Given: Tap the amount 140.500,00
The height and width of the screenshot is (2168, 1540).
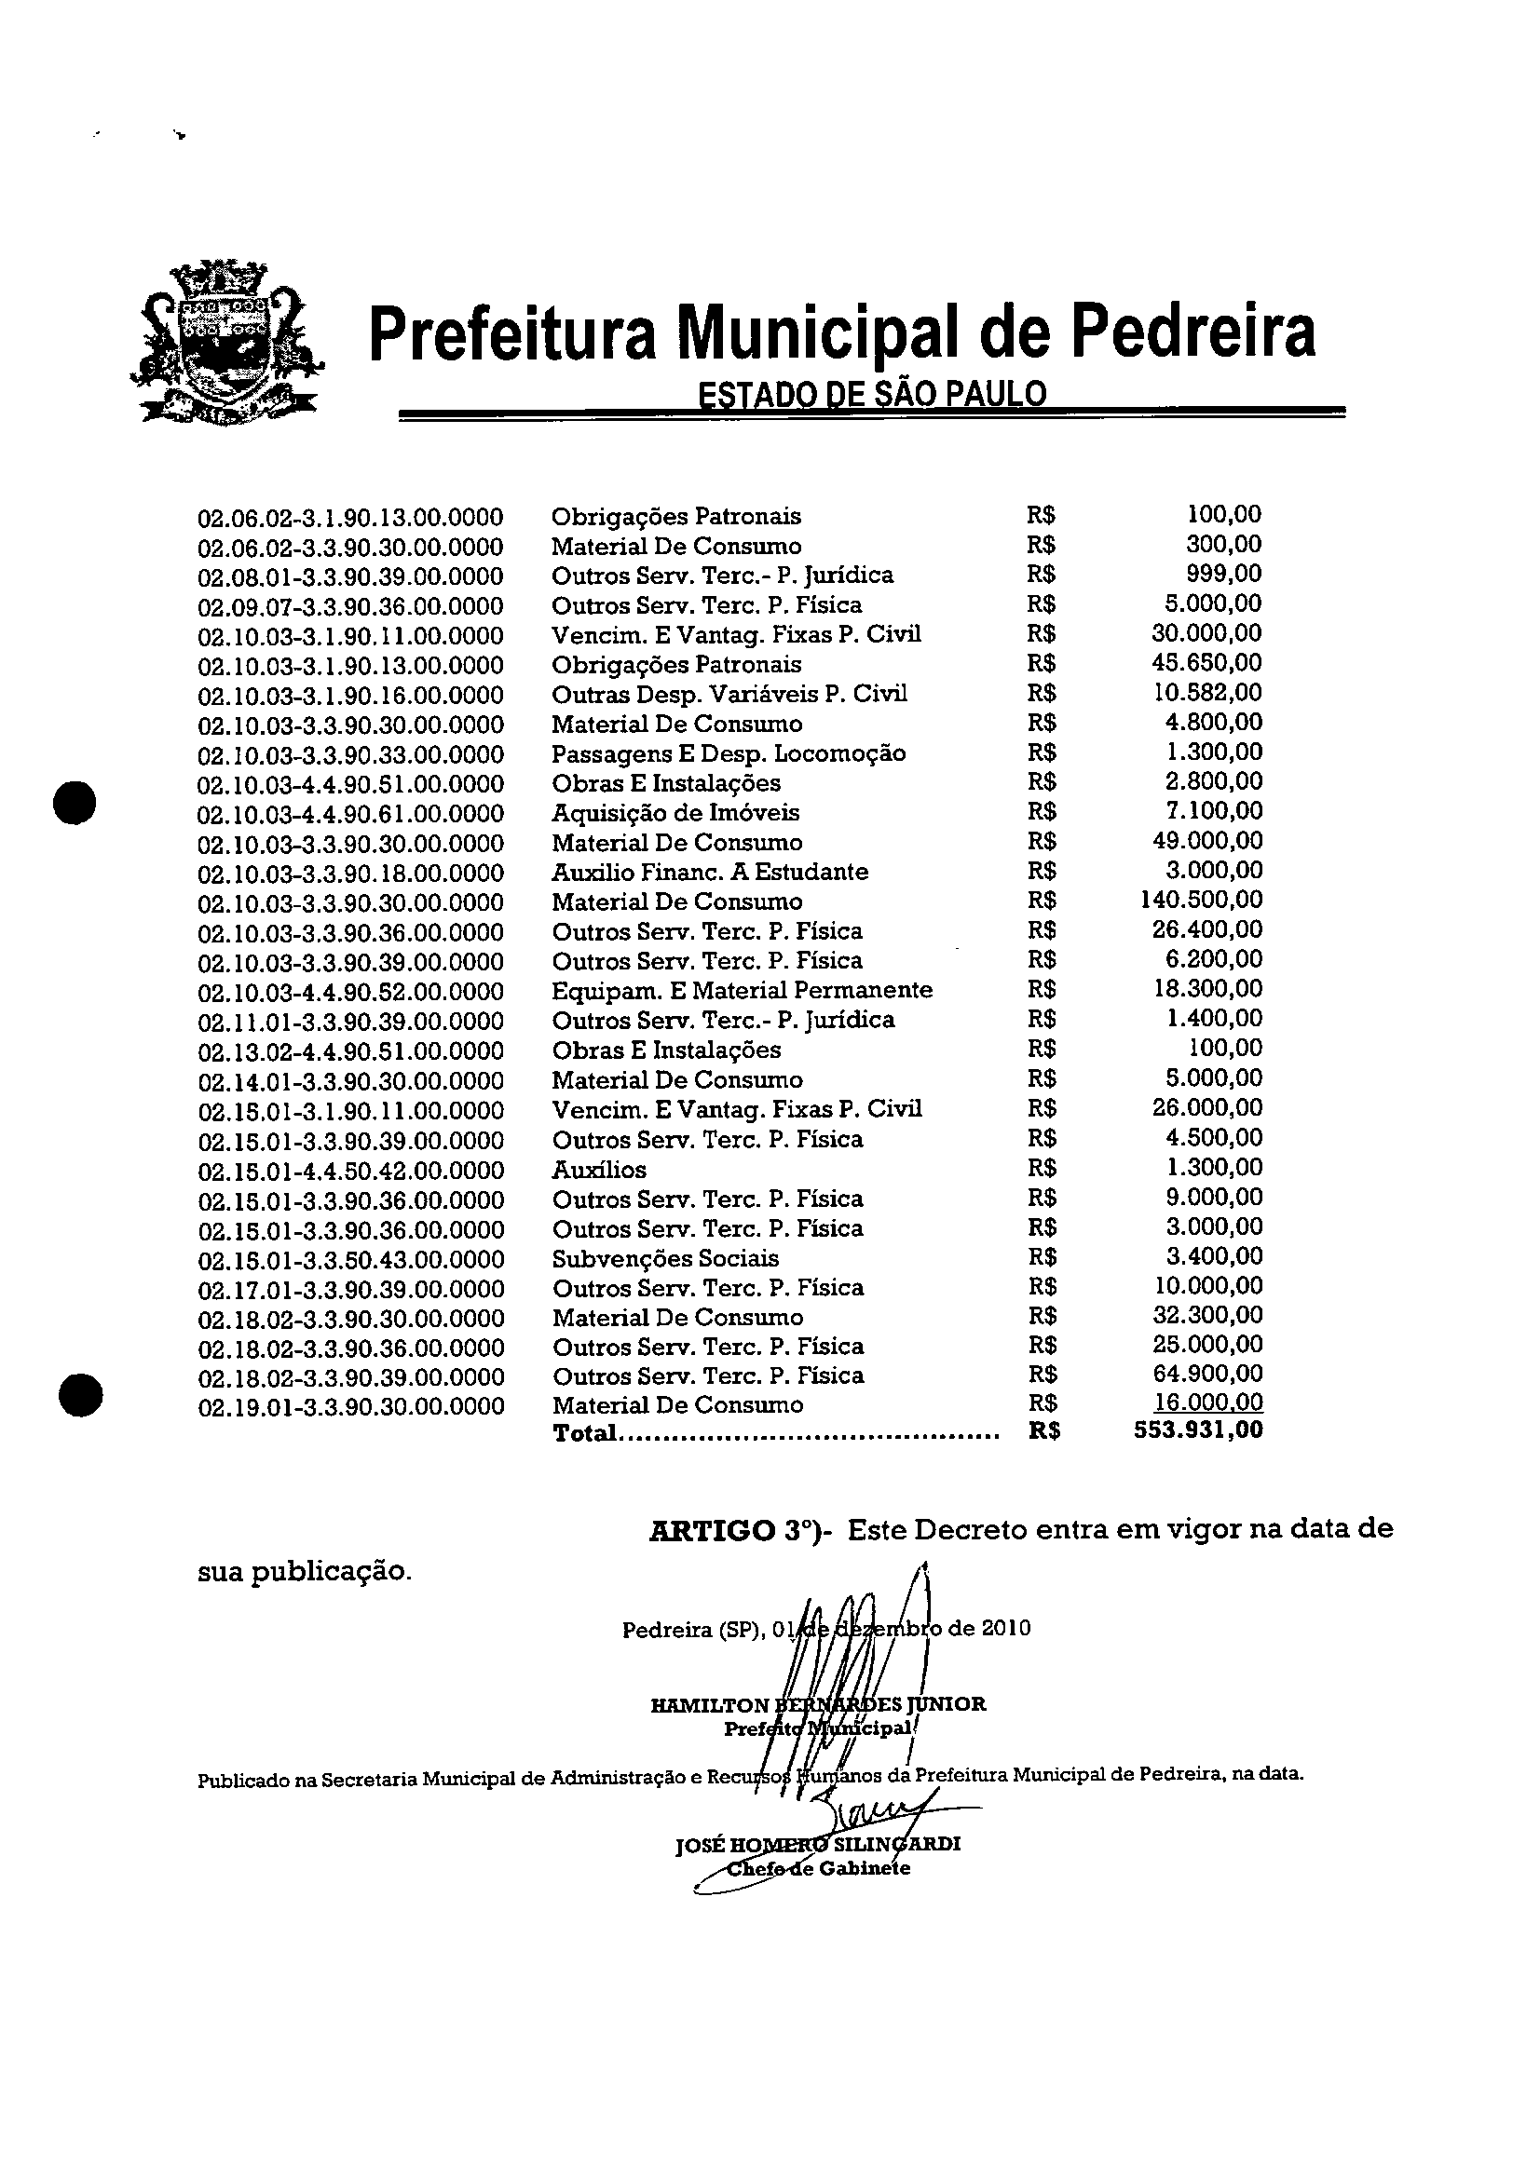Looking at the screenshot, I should (x=1201, y=899).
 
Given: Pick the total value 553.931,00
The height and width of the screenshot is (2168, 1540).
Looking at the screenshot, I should (x=1199, y=1430).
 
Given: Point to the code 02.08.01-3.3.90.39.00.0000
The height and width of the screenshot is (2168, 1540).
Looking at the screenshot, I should (x=350, y=577).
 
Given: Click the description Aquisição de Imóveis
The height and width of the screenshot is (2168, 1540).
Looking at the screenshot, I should (x=675, y=813).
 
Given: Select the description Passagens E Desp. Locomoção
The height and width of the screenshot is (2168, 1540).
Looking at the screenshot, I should (x=729, y=753).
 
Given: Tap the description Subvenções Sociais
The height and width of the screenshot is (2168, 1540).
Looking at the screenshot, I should (x=666, y=1259).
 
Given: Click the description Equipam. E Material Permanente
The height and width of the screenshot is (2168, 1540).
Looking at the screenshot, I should (x=742, y=991).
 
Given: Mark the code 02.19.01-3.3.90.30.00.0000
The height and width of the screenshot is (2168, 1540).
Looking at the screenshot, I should (x=351, y=1407).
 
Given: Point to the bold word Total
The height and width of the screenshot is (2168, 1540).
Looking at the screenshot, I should (x=584, y=1433).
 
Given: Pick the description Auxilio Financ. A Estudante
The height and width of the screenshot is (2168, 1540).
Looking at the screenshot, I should (x=709, y=872).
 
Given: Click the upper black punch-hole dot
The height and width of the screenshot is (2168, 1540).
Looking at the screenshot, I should (x=75, y=801).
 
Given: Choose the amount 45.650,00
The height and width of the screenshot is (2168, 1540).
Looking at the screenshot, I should (x=1206, y=663).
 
